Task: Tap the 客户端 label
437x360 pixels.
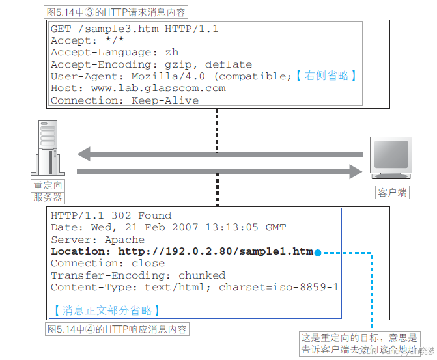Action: (392, 192)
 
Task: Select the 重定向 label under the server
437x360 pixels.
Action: (49, 186)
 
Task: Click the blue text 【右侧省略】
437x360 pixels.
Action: (326, 76)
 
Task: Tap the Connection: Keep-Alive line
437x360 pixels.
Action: (124, 100)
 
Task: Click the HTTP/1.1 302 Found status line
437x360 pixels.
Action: (111, 215)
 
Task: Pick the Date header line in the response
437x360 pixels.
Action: (168, 227)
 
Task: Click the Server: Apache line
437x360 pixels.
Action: (98, 240)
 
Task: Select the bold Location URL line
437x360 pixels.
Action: (182, 251)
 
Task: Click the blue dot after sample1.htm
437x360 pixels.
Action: (318, 252)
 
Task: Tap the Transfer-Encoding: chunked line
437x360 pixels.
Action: (138, 275)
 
